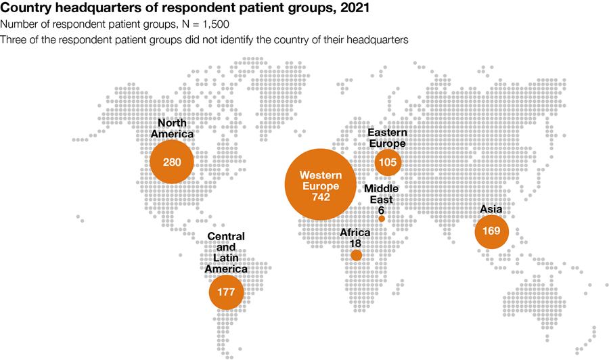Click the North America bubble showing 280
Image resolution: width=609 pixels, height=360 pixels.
coord(172,162)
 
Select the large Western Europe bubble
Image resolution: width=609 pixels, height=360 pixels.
coord(321,185)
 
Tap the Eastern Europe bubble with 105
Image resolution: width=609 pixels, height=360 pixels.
coord(388,162)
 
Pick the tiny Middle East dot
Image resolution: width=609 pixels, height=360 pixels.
coord(382,219)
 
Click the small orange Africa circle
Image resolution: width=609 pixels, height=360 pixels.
coord(356,256)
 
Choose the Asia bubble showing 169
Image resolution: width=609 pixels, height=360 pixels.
coord(491,231)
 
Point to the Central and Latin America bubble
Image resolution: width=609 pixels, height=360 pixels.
coord(227,292)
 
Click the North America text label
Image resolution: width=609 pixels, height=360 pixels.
coord(172,128)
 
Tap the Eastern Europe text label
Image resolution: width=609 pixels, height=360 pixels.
coord(388,138)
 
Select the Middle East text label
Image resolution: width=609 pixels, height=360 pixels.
coord(382,194)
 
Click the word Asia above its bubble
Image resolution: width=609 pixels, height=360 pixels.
coord(491,209)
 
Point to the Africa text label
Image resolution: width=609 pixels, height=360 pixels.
coord(355,232)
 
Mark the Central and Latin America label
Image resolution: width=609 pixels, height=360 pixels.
coord(226,252)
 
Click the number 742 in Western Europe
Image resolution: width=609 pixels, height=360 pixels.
coord(321,197)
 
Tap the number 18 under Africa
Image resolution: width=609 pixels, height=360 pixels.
coord(355,244)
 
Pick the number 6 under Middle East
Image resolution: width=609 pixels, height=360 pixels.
coord(382,210)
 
